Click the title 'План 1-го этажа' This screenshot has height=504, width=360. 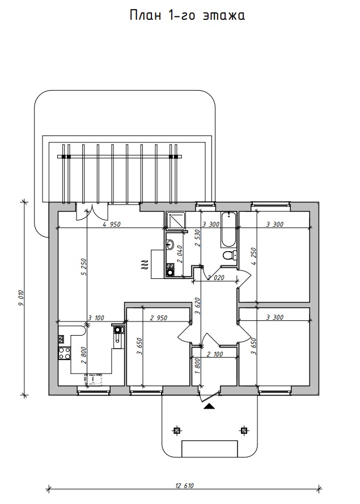188,15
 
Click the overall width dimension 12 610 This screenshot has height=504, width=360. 185,485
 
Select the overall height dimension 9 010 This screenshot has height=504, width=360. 21,298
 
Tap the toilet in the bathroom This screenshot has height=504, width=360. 230,256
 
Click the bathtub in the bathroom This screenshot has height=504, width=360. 228,230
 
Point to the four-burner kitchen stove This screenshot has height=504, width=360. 65,353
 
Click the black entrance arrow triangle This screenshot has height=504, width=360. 210,406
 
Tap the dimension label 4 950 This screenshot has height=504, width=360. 112,225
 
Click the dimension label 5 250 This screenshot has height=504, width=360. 84,268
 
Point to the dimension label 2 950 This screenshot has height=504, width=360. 159,318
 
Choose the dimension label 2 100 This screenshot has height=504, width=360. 214,354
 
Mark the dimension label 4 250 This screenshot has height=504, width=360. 253,256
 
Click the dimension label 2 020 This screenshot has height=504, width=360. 215,277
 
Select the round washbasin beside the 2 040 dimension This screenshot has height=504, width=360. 170,245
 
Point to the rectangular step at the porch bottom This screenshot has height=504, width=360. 210,448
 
